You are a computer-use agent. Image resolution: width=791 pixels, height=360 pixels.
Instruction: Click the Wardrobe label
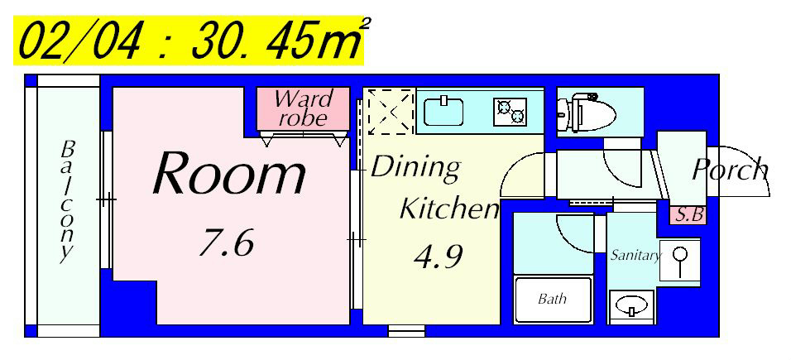[x=302, y=108]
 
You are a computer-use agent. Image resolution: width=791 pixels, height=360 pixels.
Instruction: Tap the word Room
[x=229, y=173]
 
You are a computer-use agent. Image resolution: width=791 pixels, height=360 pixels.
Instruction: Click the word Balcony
[x=67, y=202]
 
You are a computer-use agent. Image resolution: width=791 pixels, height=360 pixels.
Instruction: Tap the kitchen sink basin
[x=443, y=112]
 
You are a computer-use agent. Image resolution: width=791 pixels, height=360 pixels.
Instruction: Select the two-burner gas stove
[x=510, y=112]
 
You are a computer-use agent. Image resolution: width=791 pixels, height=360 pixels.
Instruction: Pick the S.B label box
[x=688, y=215]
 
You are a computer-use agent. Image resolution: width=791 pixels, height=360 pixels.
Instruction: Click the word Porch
[x=730, y=170]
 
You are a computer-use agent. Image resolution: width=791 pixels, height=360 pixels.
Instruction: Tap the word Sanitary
[x=635, y=256]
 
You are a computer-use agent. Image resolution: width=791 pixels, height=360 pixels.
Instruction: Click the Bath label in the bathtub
[x=552, y=299]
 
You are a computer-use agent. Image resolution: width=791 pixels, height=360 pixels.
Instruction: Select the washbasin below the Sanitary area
[x=631, y=306]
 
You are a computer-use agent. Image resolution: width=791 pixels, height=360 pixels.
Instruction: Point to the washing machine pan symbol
[x=680, y=261]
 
